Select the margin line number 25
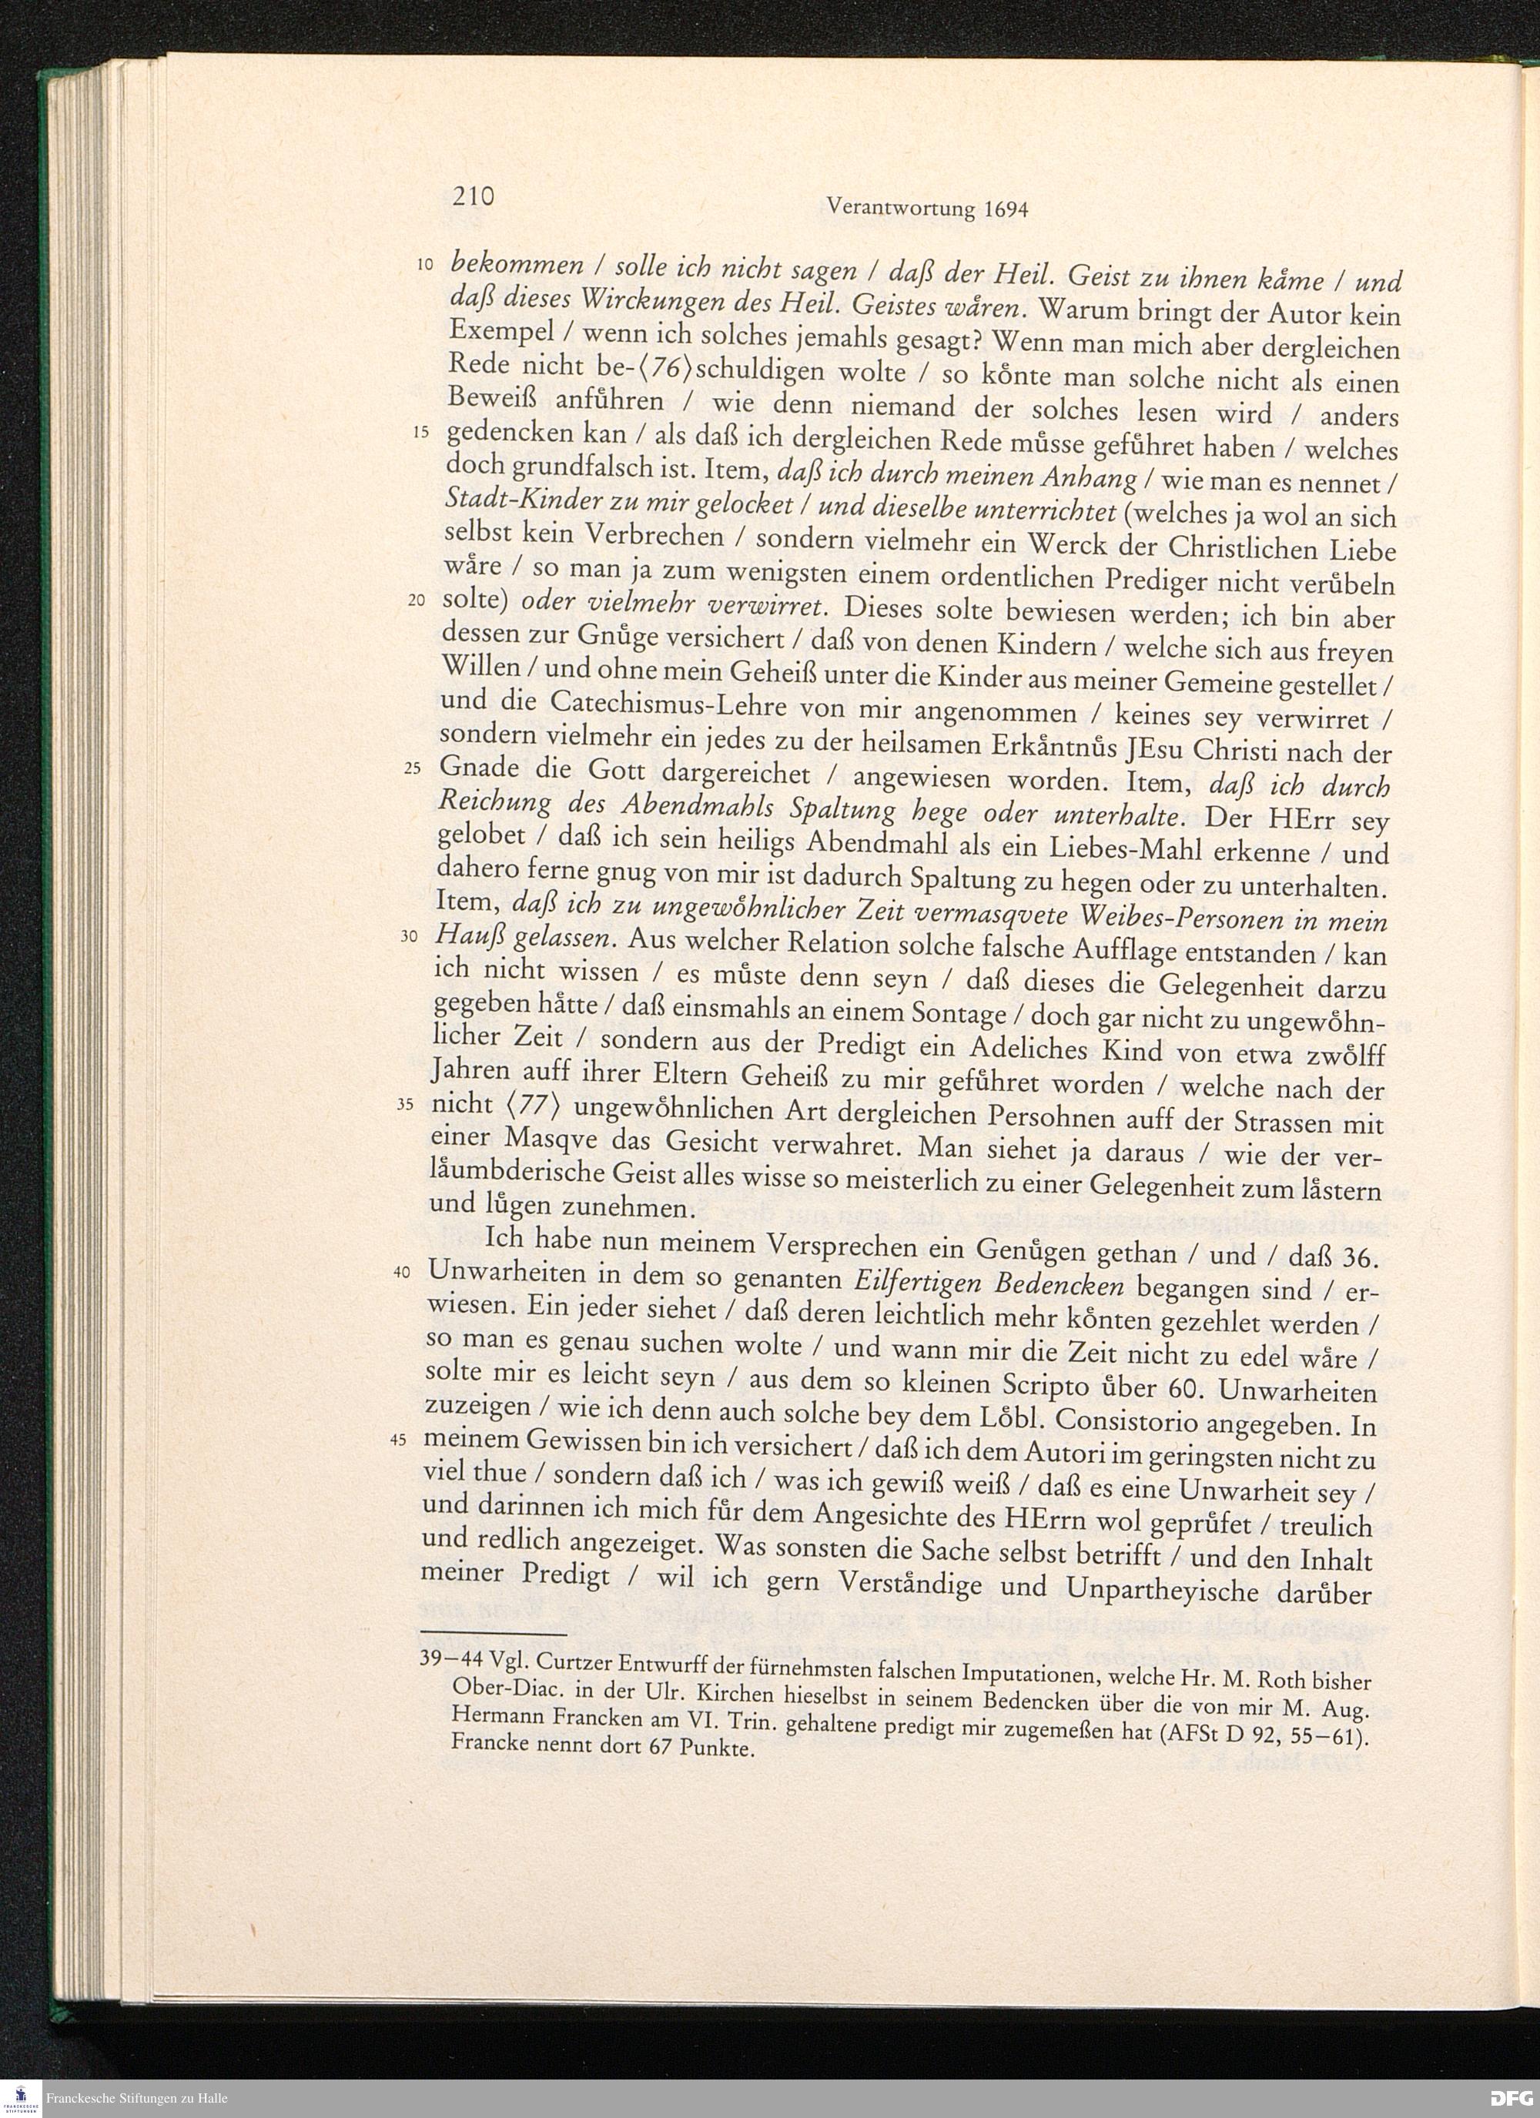click(415, 768)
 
